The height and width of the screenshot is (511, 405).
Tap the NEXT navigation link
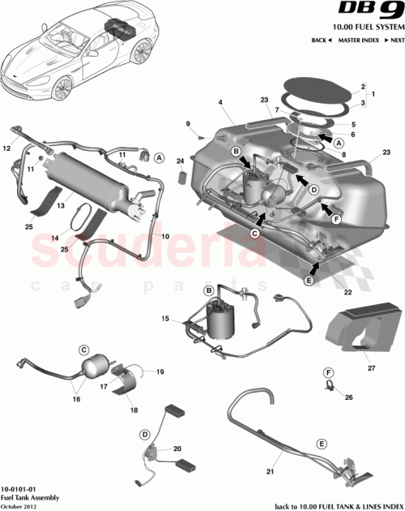point(395,40)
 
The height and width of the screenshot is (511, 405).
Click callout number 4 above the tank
point(219,102)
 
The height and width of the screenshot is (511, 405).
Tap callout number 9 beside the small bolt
point(188,123)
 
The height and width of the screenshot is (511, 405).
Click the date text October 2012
point(23,505)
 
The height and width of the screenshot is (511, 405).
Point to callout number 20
point(177,447)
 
